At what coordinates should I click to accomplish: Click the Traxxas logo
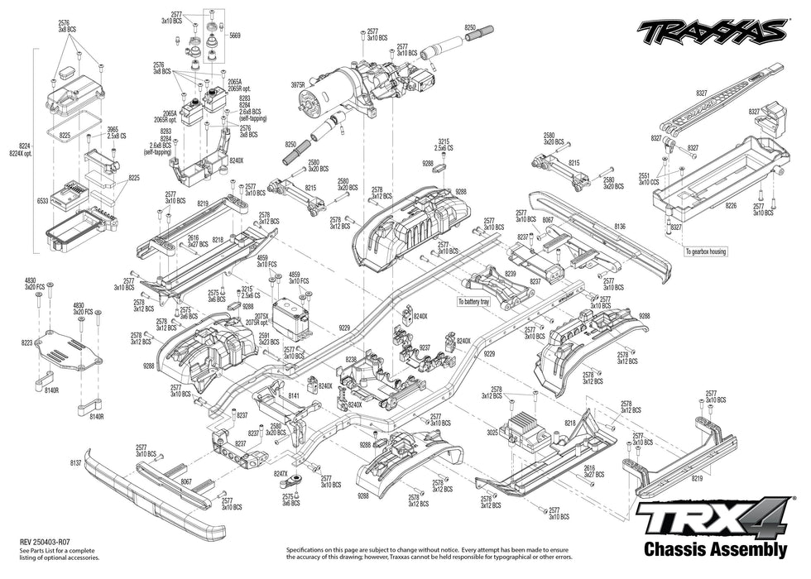coord(712,32)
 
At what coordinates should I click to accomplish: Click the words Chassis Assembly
coord(714,549)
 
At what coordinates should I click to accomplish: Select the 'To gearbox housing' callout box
coord(705,251)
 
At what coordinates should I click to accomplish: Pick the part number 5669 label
coord(235,36)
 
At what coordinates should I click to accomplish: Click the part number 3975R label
coord(298,84)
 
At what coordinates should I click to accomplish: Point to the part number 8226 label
coord(729,204)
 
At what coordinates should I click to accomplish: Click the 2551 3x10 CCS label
coord(647,179)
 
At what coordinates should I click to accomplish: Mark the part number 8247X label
coord(281,473)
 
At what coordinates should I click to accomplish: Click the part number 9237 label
coord(425,347)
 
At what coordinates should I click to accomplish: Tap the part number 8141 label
coord(294,396)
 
